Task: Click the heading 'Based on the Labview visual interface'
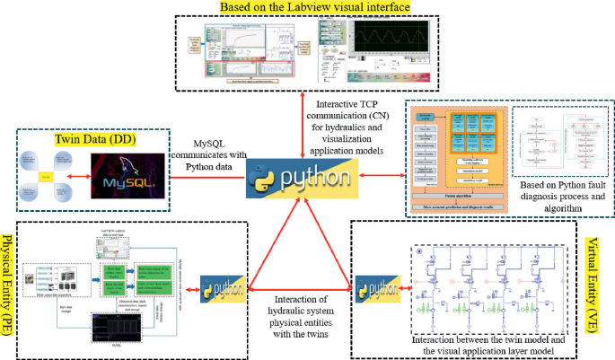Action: (x=315, y=8)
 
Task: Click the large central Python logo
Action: (x=297, y=178)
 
